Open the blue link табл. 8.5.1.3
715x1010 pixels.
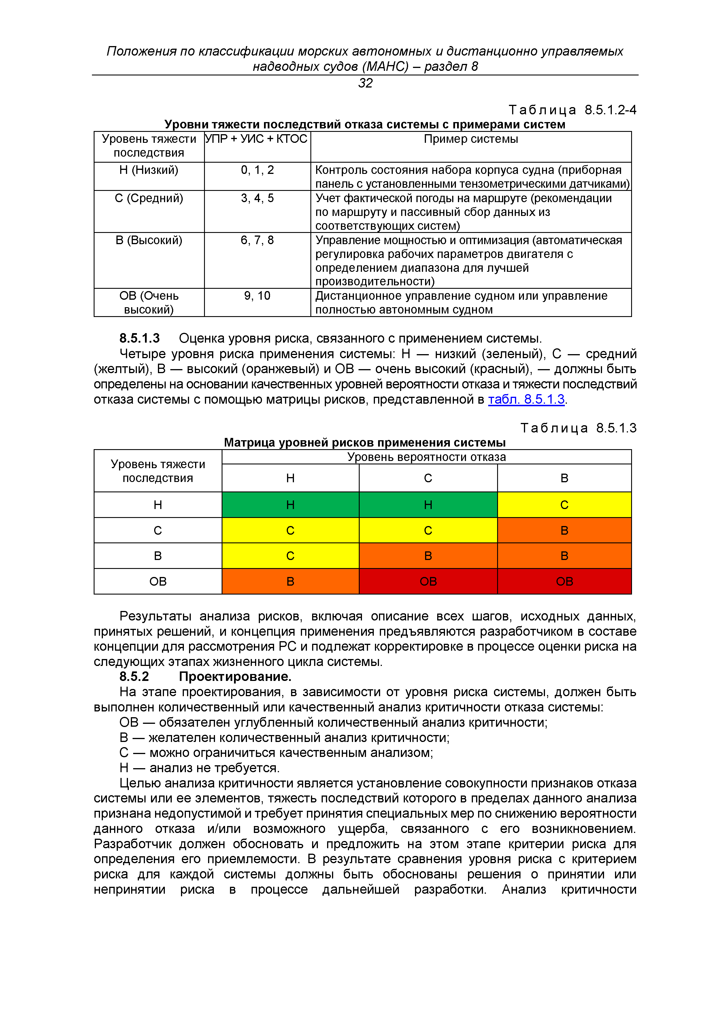click(526, 399)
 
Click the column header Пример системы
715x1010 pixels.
click(471, 139)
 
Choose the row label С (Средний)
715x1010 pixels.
click(149, 198)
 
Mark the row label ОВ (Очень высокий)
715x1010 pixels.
click(149, 303)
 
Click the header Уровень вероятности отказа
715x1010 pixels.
click(426, 457)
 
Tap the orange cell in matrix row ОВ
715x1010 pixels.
click(290, 582)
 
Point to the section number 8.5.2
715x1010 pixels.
click(134, 677)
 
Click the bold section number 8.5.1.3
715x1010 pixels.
click(139, 338)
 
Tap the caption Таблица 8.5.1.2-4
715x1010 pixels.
click(572, 110)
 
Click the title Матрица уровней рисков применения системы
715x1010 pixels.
click(365, 443)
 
